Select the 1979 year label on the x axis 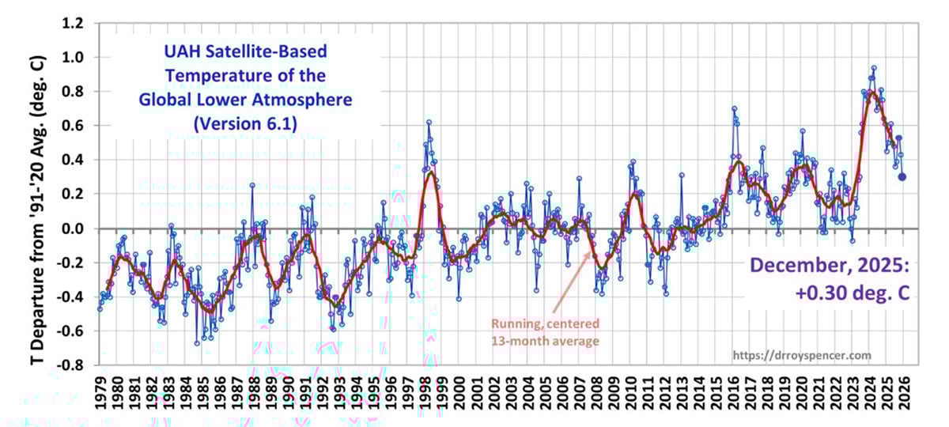pyautogui.click(x=100, y=393)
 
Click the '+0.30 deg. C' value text pyautogui.click(x=850, y=292)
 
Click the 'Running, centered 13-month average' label pyautogui.click(x=545, y=333)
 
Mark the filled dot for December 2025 pyautogui.click(x=902, y=177)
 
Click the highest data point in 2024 pyautogui.click(x=873, y=68)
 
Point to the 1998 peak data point pyautogui.click(x=429, y=122)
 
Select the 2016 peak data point pyautogui.click(x=734, y=108)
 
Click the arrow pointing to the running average pyautogui.click(x=570, y=283)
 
